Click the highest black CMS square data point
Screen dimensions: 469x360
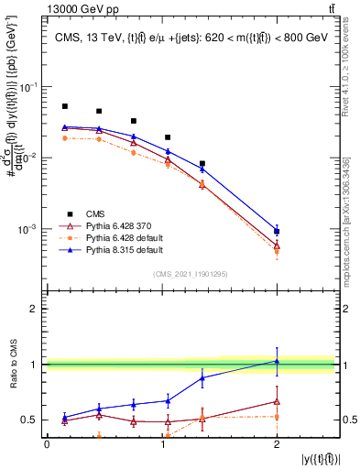click(x=65, y=106)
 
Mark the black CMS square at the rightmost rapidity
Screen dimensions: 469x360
click(x=277, y=232)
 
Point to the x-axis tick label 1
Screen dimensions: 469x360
click(x=162, y=443)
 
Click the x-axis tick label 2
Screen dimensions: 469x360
click(x=277, y=443)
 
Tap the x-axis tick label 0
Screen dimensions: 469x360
click(x=47, y=443)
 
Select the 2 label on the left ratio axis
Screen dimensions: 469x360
click(x=35, y=309)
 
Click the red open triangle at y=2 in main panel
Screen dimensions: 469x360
click(x=277, y=245)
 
